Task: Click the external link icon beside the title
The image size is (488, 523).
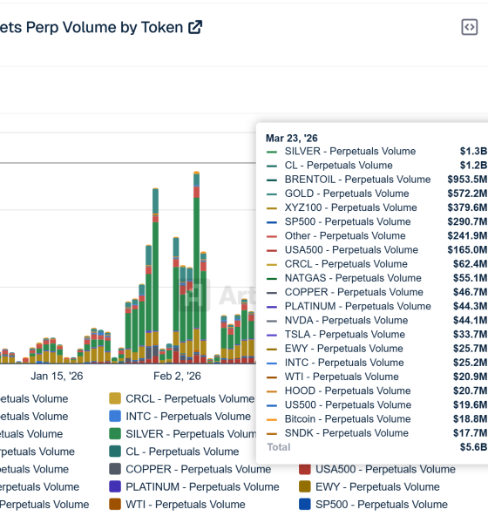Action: coord(195,27)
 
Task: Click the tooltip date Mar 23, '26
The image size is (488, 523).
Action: coord(292,138)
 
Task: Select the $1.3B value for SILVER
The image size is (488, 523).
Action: coord(473,152)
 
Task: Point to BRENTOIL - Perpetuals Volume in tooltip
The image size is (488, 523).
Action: coord(357,180)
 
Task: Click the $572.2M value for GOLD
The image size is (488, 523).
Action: coord(467,194)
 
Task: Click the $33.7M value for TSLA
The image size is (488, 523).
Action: coord(470,335)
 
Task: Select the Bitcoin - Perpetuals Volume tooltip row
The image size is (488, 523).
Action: coord(347,419)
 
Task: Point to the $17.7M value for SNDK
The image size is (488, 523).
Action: coord(470,433)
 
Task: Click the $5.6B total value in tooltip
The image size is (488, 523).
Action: coord(473,447)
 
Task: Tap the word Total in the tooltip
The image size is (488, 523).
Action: coord(279,447)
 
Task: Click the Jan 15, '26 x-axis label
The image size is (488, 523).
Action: coord(57,377)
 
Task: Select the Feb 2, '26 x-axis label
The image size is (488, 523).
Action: coord(177,377)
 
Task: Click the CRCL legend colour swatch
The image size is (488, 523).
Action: coord(115,398)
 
